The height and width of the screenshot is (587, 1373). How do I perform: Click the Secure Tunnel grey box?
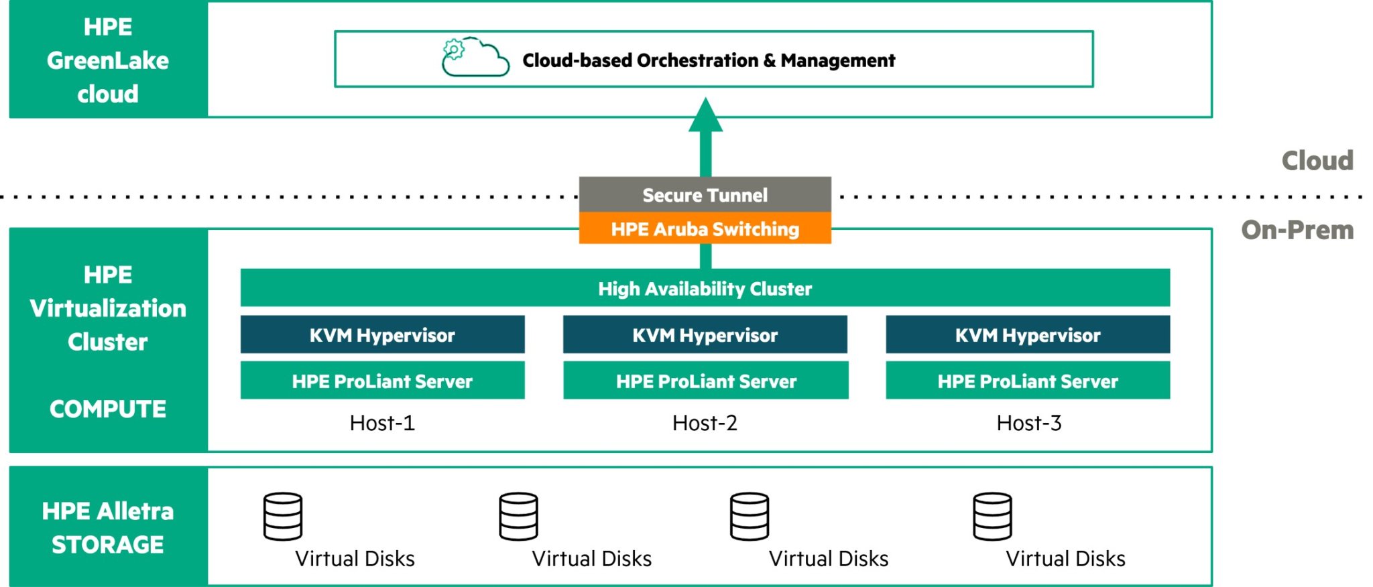click(705, 195)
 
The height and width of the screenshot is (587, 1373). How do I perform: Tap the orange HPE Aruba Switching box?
click(705, 229)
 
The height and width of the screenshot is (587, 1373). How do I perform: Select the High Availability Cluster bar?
click(705, 288)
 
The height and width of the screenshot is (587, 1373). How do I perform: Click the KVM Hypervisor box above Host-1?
click(382, 334)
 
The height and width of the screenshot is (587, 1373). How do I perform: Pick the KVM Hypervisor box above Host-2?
click(705, 334)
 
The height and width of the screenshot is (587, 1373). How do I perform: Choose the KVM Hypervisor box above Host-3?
click(1027, 334)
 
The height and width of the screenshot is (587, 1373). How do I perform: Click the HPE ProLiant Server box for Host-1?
click(382, 381)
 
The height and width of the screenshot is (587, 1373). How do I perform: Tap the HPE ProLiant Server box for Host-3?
click(1027, 381)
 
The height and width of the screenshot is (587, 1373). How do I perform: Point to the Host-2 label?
click(705, 423)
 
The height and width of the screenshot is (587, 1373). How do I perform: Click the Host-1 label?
click(382, 423)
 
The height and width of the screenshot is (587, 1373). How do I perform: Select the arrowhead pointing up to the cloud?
click(705, 116)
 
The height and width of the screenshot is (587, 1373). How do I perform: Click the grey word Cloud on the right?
click(1317, 161)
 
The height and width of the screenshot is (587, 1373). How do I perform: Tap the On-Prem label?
click(1297, 230)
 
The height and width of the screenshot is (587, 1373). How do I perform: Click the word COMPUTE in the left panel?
click(108, 409)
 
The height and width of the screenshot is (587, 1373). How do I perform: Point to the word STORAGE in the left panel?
click(108, 544)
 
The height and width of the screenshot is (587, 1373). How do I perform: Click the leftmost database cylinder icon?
click(282, 517)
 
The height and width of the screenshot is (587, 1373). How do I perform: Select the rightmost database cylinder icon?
click(992, 517)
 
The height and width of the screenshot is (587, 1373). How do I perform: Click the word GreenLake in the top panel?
click(108, 60)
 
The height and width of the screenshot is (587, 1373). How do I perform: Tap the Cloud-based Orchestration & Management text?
click(709, 60)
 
